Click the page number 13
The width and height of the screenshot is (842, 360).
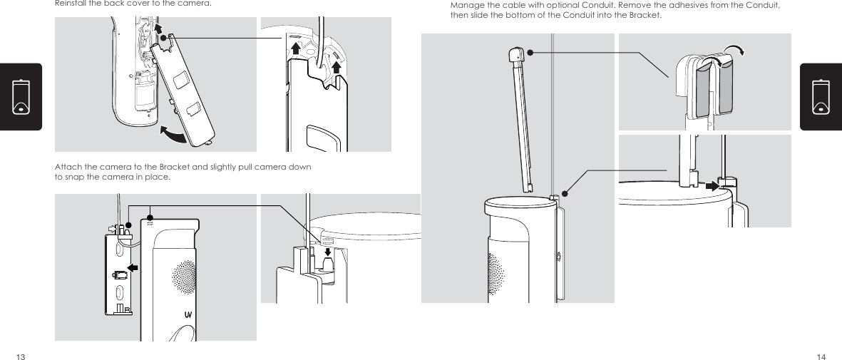click(21, 356)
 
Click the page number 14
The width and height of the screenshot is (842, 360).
click(821, 356)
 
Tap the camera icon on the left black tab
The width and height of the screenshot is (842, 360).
click(21, 97)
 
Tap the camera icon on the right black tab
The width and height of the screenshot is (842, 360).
click(821, 97)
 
